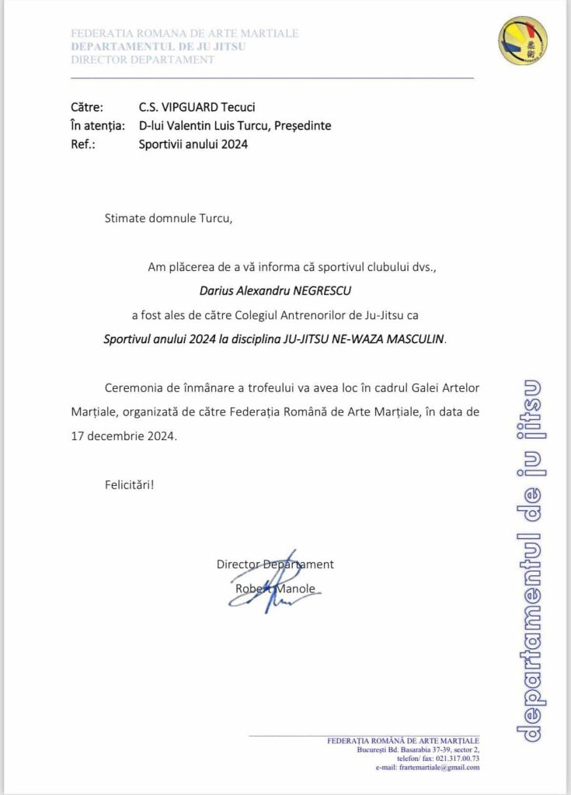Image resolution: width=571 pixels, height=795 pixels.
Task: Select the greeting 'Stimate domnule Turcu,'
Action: tap(169, 218)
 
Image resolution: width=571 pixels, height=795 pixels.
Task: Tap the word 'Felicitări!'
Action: tap(130, 485)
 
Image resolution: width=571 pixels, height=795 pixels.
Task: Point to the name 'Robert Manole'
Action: tap(275, 588)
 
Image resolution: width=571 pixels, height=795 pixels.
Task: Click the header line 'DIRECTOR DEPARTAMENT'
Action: tap(142, 60)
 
